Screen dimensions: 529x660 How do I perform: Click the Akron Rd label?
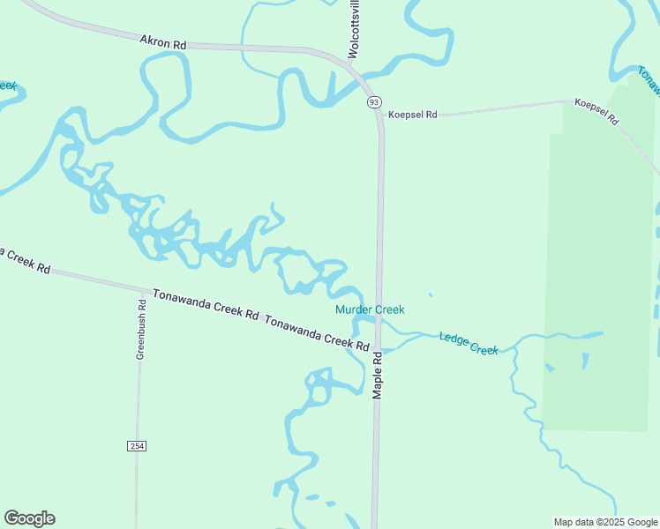pos(163,41)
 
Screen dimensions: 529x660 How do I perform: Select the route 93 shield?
pos(375,102)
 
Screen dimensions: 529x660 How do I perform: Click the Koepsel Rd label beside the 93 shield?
pos(413,115)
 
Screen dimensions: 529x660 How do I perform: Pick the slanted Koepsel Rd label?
pos(596,111)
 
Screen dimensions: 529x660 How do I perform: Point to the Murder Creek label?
pos(370,309)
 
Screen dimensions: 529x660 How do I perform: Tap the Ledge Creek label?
pos(469,343)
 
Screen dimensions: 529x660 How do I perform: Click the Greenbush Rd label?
pos(140,327)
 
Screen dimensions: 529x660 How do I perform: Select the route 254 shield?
pos(136,446)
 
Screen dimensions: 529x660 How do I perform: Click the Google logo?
pos(29,518)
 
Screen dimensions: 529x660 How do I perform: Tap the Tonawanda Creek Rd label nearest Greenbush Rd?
pos(205,304)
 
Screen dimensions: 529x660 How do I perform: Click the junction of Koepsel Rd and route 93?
pos(381,118)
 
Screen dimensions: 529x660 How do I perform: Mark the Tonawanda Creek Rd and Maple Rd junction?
pos(379,349)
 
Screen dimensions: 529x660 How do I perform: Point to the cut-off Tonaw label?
pos(649,79)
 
